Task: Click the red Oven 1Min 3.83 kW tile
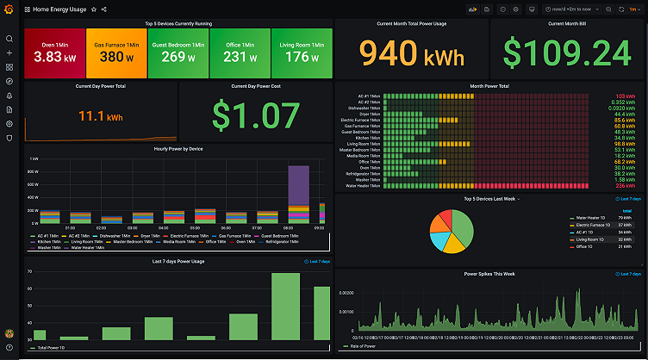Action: click(x=55, y=53)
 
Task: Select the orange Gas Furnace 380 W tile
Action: click(x=116, y=53)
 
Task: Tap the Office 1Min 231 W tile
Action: click(x=240, y=53)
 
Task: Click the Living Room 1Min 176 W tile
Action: click(x=301, y=53)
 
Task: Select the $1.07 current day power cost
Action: click(x=254, y=114)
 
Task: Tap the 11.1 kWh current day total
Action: click(x=100, y=115)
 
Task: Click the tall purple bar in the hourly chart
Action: click(x=298, y=184)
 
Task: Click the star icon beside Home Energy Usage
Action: click(x=93, y=9)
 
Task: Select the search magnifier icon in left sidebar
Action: click(x=9, y=39)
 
